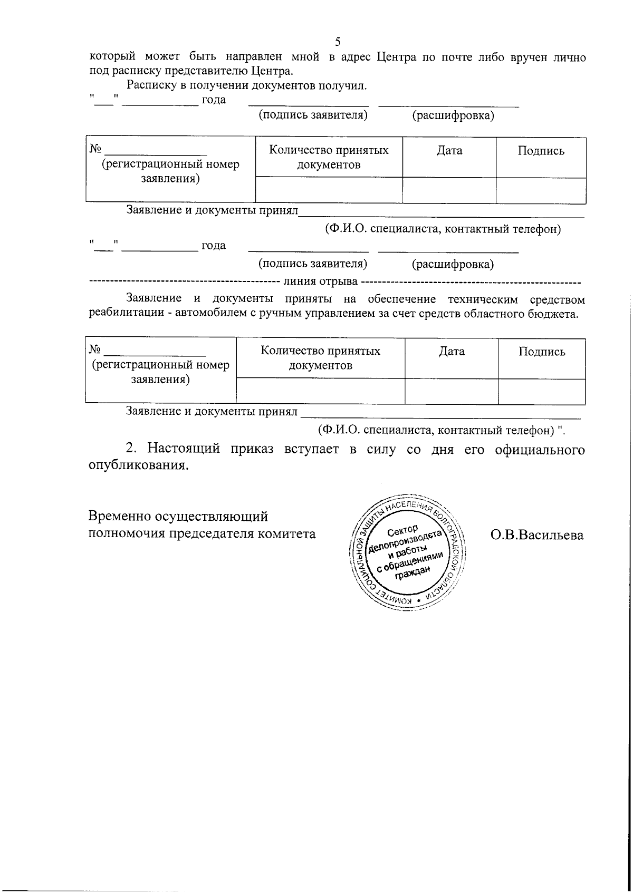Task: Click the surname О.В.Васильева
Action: [537, 535]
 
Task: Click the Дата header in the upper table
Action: [449, 151]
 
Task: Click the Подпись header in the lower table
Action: [542, 352]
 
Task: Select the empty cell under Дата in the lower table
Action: [452, 392]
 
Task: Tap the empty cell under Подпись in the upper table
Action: [541, 190]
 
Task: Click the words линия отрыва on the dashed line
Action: [321, 281]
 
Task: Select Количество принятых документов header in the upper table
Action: [329, 158]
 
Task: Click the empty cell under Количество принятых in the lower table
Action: [320, 392]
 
